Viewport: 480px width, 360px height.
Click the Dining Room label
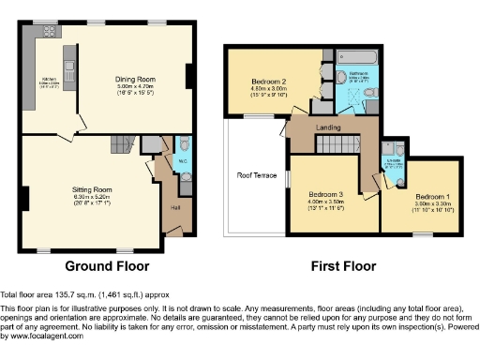click(135, 79)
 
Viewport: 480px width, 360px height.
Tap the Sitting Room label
click(93, 188)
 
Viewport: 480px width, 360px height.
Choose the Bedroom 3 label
click(326, 194)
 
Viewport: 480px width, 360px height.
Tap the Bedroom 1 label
click(433, 196)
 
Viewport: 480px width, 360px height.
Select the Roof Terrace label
click(255, 174)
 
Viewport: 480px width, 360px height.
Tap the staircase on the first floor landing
click(335, 143)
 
